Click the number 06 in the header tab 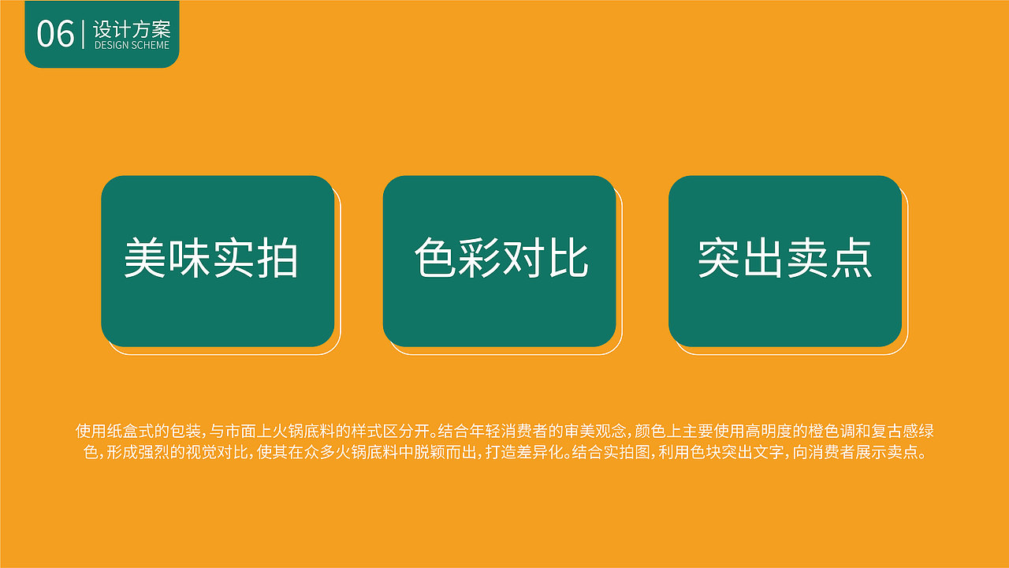tap(55, 34)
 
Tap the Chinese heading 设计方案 tap(131, 30)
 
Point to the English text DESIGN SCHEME tap(132, 46)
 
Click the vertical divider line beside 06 tap(83, 35)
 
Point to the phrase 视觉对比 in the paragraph tap(215, 454)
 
